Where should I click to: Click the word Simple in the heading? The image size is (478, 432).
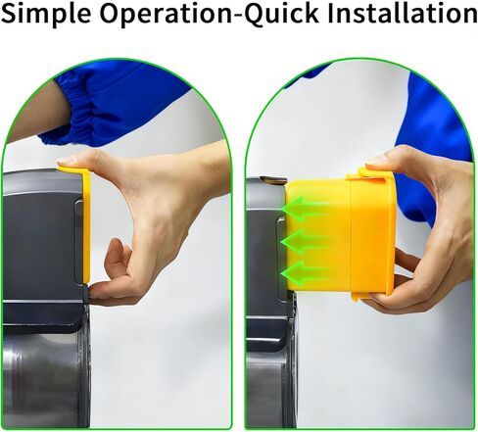pos(46,14)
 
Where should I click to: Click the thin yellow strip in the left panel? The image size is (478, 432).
pos(84,225)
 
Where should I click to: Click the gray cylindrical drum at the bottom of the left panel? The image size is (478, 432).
pos(46,380)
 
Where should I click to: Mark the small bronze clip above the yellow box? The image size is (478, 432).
pos(273,179)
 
